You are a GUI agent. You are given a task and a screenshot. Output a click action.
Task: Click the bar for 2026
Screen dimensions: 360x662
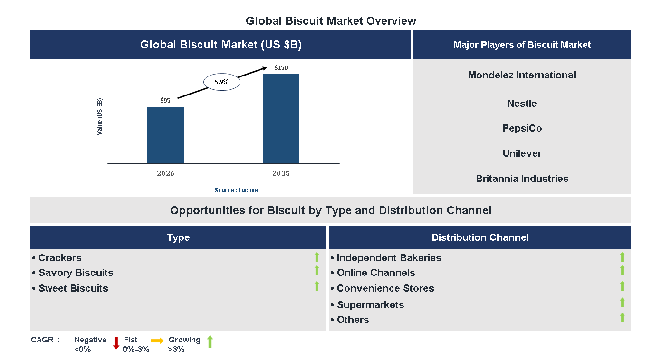click(x=165, y=135)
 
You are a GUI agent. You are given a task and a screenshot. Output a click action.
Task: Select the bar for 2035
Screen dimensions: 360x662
click(x=281, y=119)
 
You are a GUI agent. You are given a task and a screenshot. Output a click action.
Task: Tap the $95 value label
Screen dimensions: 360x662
click(x=165, y=100)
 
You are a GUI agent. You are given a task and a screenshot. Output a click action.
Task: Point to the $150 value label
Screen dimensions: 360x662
click(x=281, y=67)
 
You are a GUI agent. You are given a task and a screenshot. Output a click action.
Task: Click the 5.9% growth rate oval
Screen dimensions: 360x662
click(x=221, y=82)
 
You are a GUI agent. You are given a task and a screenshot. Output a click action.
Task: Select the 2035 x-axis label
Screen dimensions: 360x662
click(x=281, y=173)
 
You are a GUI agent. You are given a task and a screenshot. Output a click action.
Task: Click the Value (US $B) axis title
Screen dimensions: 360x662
click(x=100, y=116)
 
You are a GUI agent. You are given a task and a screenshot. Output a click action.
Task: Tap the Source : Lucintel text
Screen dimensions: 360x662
click(x=237, y=190)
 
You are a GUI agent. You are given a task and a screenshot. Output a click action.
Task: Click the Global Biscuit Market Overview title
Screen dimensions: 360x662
click(x=331, y=21)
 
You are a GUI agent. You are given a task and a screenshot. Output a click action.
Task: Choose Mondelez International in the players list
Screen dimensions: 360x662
click(x=522, y=75)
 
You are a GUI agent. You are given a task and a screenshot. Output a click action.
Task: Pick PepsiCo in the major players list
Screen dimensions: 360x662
click(x=522, y=128)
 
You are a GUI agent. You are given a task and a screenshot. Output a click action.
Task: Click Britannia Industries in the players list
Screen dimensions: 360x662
click(x=522, y=179)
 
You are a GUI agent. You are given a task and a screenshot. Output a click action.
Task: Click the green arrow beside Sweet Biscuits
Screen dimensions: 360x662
click(x=317, y=286)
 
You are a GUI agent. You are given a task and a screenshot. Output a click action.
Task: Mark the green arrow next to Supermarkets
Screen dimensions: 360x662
click(x=622, y=303)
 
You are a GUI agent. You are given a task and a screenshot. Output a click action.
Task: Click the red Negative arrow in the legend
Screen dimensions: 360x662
click(x=116, y=342)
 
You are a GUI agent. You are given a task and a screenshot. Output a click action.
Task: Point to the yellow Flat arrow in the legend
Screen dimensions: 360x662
click(x=157, y=341)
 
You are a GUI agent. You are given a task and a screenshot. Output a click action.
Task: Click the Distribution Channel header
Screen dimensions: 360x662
click(x=480, y=237)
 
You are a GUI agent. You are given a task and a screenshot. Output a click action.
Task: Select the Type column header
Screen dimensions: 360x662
click(x=178, y=237)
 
